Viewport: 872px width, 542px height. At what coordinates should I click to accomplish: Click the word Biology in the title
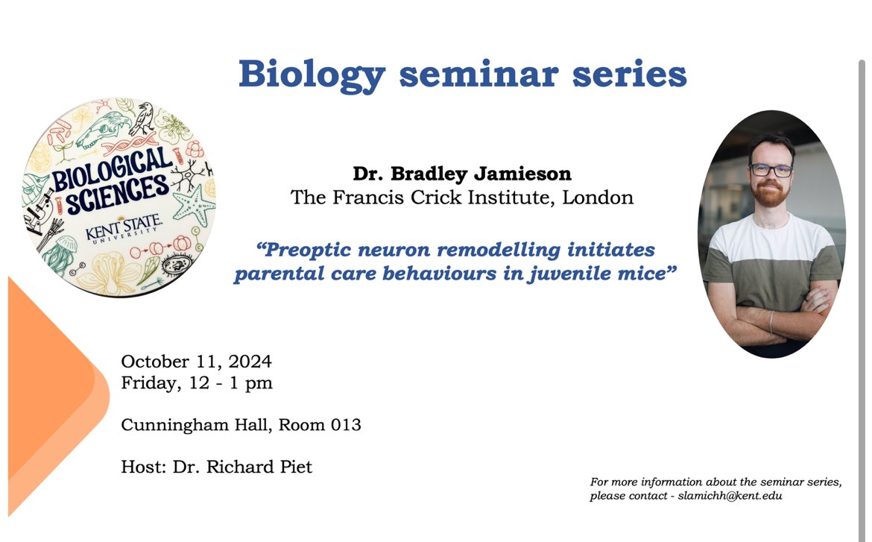312,75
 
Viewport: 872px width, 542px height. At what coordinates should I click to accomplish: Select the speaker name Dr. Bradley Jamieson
462,174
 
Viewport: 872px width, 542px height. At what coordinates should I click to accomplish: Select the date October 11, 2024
196,362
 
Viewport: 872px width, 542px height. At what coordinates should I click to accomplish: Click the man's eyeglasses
770,171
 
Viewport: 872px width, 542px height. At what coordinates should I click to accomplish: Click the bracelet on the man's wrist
771,322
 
